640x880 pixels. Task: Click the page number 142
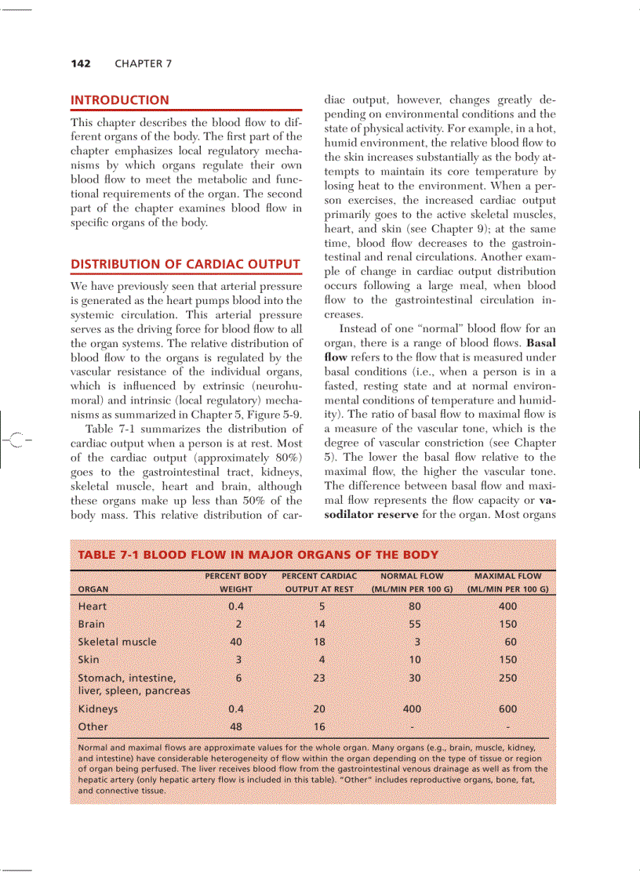pyautogui.click(x=81, y=63)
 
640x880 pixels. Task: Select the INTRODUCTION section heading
pyautogui.click(x=119, y=100)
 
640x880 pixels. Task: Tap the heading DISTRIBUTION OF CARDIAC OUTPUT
pyautogui.click(x=185, y=264)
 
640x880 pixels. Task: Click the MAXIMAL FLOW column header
pyautogui.click(x=507, y=576)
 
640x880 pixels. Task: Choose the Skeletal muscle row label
pyautogui.click(x=117, y=642)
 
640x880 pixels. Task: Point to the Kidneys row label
pyautogui.click(x=98, y=709)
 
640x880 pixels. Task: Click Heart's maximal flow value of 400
pyautogui.click(x=507, y=607)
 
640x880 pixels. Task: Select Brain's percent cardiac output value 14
pyautogui.click(x=318, y=625)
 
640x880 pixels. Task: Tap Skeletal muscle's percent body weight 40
pyautogui.click(x=235, y=642)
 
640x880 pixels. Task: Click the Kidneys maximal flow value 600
pyautogui.click(x=507, y=709)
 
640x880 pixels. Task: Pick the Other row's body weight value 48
pyautogui.click(x=235, y=726)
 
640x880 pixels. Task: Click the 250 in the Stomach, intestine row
pyautogui.click(x=507, y=678)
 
